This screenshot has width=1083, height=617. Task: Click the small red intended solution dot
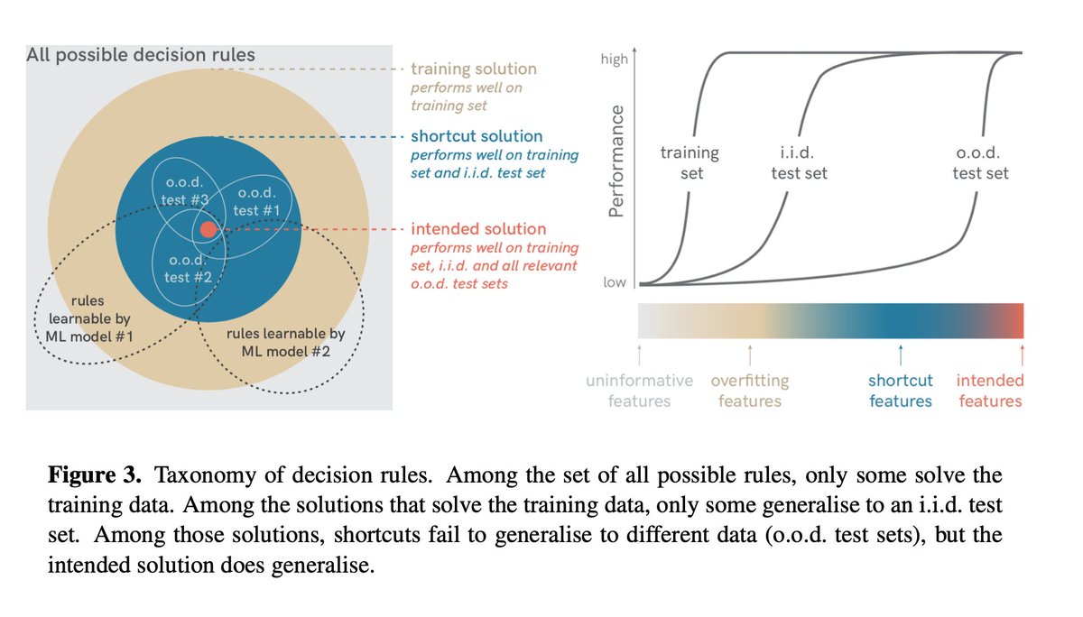pyautogui.click(x=208, y=229)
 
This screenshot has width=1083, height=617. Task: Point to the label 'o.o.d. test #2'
pyautogui.click(x=188, y=268)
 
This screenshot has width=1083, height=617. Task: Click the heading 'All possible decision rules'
pyautogui.click(x=141, y=55)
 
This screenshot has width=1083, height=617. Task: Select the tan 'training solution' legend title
pyautogui.click(x=473, y=69)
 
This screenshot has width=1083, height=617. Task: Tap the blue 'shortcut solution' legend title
pyautogui.click(x=477, y=136)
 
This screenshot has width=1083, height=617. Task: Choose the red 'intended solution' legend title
pyautogui.click(x=478, y=229)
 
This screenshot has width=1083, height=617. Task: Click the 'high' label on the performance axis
pyautogui.click(x=614, y=59)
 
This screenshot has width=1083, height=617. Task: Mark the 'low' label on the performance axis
pyautogui.click(x=614, y=282)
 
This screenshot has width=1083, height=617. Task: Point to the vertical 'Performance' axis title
pyautogui.click(x=616, y=161)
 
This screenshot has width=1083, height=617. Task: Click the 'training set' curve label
pyautogui.click(x=690, y=162)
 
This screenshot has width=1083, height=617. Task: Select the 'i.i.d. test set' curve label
pyautogui.click(x=799, y=162)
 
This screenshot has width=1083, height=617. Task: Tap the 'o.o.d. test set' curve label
pyautogui.click(x=980, y=162)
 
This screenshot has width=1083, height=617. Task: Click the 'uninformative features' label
pyautogui.click(x=639, y=391)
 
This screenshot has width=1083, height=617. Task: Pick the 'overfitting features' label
pyautogui.click(x=750, y=391)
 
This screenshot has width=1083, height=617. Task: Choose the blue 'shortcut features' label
pyautogui.click(x=901, y=391)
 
